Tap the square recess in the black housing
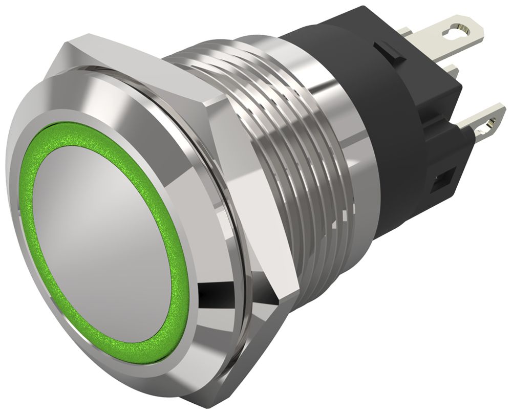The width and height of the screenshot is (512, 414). coord(441,182)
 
